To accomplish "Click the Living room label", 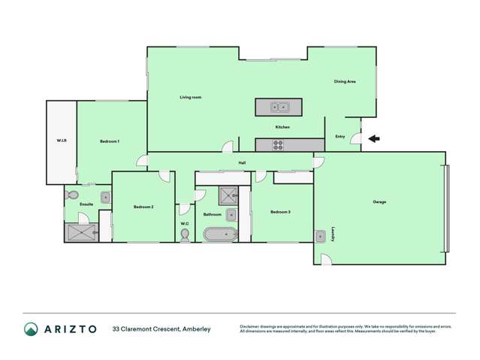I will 190,97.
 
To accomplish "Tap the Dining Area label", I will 345,81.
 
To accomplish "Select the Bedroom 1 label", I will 110,141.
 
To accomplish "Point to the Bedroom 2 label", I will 143,207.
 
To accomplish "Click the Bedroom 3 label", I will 280,212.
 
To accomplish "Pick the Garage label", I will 379,201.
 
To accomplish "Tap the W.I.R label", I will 62,141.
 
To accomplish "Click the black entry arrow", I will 376,138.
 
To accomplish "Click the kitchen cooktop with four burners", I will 279,145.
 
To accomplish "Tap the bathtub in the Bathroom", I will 221,234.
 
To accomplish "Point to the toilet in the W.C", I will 185,234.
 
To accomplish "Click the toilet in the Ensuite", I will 74,195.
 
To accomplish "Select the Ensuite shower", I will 81,231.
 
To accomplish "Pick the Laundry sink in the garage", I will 320,234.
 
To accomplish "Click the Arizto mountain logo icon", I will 31,328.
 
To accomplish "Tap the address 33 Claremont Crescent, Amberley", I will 162,328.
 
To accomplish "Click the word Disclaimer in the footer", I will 252,326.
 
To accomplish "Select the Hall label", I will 243,162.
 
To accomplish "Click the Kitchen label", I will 282,127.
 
